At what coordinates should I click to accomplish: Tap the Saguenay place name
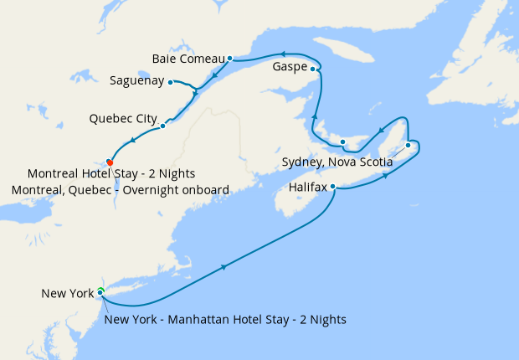tap(136, 81)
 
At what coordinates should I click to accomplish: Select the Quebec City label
tap(123, 119)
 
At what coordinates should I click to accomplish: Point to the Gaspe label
tap(290, 67)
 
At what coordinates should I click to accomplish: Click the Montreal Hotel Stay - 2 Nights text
tap(111, 174)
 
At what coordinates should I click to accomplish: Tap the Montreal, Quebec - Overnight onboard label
tap(121, 190)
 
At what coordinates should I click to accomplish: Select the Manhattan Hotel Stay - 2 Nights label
tap(226, 319)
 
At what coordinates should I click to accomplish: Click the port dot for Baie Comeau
tap(229, 59)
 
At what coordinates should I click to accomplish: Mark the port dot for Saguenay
tap(170, 82)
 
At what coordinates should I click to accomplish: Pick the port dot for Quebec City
tap(162, 126)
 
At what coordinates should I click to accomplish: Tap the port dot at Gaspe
tap(313, 69)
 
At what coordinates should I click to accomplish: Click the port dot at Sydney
tap(408, 146)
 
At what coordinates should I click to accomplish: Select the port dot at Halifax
tap(333, 187)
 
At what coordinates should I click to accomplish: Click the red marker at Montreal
tap(110, 162)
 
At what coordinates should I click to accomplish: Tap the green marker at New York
tap(100, 291)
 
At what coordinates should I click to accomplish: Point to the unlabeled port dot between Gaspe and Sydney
tap(343, 141)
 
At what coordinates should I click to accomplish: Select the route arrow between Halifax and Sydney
tap(386, 177)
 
